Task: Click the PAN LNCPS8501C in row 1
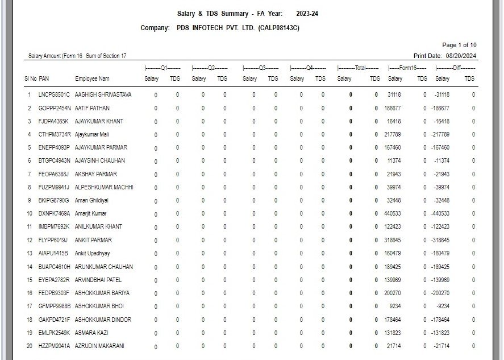tap(54, 95)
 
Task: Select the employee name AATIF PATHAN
tap(92, 108)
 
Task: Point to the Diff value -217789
tap(440, 135)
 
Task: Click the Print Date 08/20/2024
tap(461, 56)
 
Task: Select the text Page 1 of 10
tap(459, 45)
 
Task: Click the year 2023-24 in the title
tap(307, 14)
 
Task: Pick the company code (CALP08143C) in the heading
tap(278, 28)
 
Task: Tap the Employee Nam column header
tap(92, 78)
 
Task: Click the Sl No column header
tap(30, 78)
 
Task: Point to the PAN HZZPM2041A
tap(55, 346)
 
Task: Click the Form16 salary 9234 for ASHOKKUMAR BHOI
tap(396, 306)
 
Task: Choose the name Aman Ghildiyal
tap(91, 200)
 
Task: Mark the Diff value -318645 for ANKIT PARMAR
tap(440, 240)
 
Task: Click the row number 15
tap(30, 280)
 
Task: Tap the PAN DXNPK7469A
tap(55, 214)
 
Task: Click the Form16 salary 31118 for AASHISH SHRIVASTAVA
tap(394, 95)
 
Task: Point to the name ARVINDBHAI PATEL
tap(98, 280)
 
